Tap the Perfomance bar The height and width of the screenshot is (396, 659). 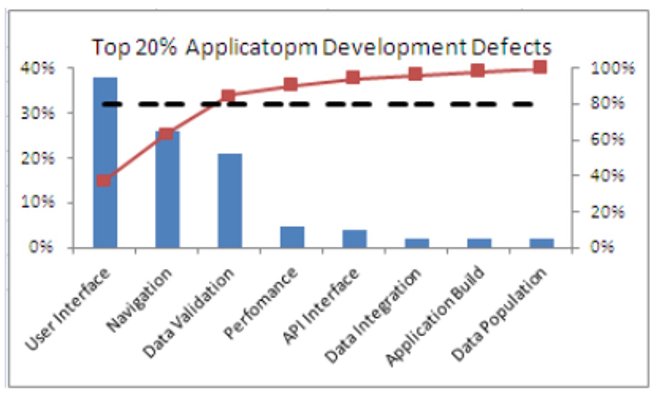click(x=292, y=237)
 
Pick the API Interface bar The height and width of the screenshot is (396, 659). click(x=354, y=239)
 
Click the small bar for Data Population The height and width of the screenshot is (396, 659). click(x=541, y=243)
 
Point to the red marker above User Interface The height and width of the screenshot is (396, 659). click(x=104, y=180)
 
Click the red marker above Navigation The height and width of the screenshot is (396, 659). click(x=167, y=134)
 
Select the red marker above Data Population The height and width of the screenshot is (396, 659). click(x=540, y=67)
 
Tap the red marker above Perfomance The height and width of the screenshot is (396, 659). click(x=291, y=84)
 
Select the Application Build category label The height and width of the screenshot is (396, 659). click(x=435, y=316)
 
